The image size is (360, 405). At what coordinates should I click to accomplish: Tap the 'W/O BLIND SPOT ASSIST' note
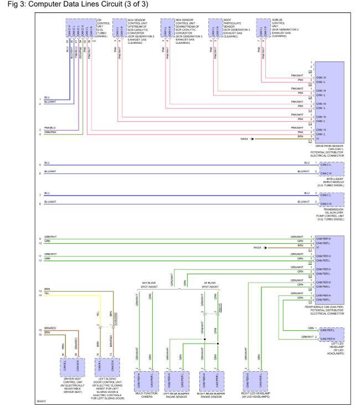coord(145,284)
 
